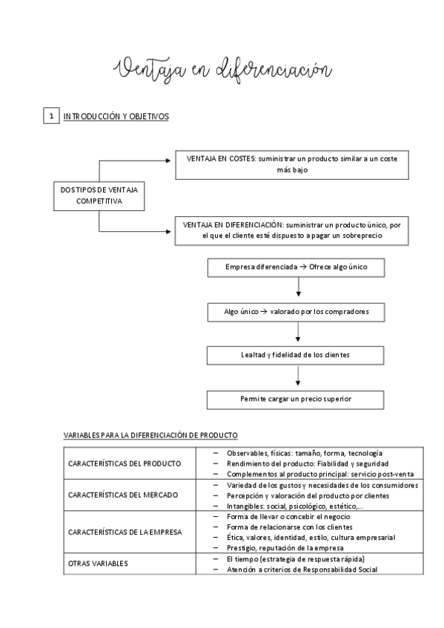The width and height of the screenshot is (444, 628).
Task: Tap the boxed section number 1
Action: [x=50, y=116]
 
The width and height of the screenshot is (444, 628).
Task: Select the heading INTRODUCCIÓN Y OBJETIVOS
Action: [x=116, y=116]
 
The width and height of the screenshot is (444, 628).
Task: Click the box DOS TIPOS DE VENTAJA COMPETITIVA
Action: [x=99, y=196]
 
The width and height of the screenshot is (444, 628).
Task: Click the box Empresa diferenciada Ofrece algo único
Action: [x=296, y=267]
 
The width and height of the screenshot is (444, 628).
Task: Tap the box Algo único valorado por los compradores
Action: [x=296, y=312]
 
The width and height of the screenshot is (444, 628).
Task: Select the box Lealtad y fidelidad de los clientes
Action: [x=296, y=355]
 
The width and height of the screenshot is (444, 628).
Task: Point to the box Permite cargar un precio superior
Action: [x=296, y=399]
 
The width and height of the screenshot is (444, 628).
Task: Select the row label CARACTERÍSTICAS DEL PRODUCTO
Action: [x=125, y=464]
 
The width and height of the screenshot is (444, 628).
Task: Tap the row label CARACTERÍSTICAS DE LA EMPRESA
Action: [x=125, y=532]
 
